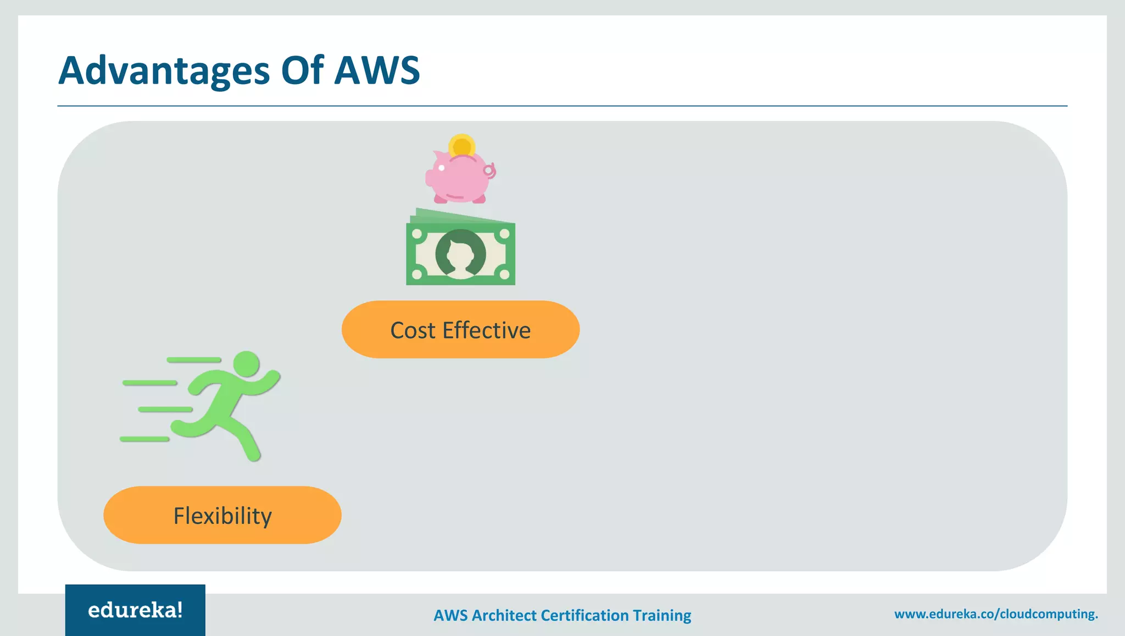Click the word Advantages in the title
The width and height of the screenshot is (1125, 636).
coord(164,71)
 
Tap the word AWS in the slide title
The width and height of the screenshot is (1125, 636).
coord(377,70)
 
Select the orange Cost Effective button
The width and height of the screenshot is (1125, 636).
coord(460,330)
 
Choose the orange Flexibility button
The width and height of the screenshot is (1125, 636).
coord(222,515)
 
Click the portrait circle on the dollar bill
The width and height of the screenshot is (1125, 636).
coord(460,254)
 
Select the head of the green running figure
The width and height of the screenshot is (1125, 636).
coord(246,364)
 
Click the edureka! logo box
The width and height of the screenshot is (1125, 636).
coord(135,610)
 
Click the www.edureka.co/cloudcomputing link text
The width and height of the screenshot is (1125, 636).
coord(995,614)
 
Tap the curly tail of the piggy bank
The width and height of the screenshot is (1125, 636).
coord(489,171)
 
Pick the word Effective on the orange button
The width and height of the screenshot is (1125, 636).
coord(487,330)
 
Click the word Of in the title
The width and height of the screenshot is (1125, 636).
coord(302,70)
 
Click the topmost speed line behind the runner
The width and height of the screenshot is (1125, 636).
coord(193,360)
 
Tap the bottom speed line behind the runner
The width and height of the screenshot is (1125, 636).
coord(144,439)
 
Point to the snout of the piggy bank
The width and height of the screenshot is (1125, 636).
coord(429,178)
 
